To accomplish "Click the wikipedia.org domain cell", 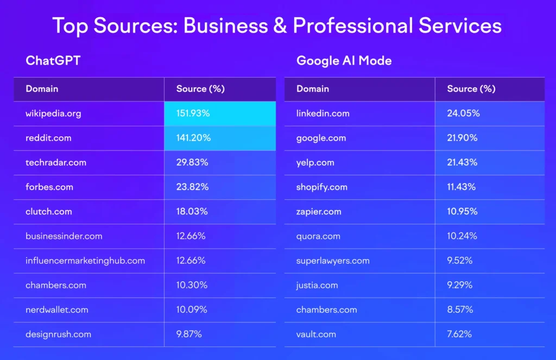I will point(53,113).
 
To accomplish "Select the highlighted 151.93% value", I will point(193,113).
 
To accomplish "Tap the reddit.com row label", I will point(48,138).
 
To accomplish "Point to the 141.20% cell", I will point(193,138).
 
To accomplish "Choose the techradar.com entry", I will point(56,162).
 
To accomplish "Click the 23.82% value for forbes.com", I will point(192,187).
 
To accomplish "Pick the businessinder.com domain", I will point(64,236).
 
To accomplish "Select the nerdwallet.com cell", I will point(56,310).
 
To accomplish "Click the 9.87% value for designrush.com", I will point(189,334).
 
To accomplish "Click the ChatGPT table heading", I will point(53,60).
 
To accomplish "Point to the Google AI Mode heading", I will point(344,60).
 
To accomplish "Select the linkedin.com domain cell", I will point(323,113).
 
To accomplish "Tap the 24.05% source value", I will point(463,113).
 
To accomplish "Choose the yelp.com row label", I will point(315,162).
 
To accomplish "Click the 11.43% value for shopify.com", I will point(462,187).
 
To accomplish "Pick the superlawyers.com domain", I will point(333,261).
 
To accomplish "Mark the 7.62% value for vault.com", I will point(460,334).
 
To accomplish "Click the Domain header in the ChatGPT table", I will point(42,89).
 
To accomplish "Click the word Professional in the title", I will point(357,26).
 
